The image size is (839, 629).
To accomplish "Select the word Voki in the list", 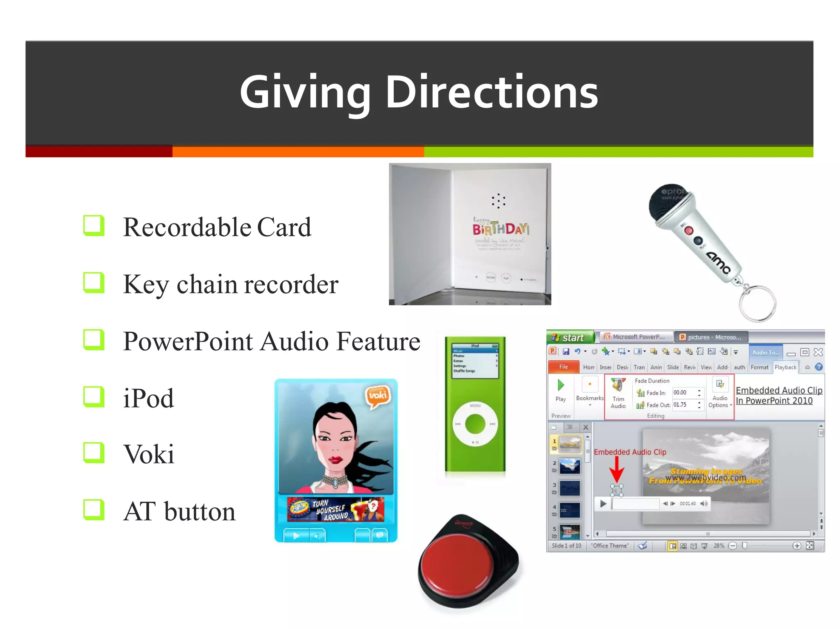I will tap(149, 454).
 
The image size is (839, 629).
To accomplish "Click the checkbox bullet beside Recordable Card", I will tap(94, 226).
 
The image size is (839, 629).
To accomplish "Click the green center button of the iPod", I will tap(475, 424).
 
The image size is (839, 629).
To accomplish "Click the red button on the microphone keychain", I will tap(689, 231).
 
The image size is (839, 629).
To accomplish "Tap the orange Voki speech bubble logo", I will tap(377, 396).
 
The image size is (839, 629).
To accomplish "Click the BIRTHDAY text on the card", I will tap(500, 229).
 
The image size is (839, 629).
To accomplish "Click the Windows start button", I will tap(570, 337).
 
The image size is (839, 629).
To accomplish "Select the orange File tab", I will tap(564, 367).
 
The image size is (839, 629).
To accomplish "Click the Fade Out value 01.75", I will tap(680, 405).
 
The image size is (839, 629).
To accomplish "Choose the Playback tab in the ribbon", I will tap(785, 367).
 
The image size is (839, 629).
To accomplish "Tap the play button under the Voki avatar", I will tap(296, 535).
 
